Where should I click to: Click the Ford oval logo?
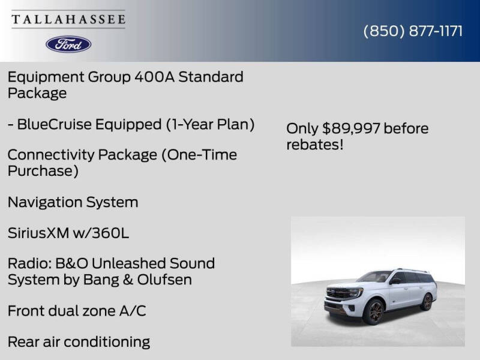tap(68, 44)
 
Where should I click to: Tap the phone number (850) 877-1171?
tap(413, 31)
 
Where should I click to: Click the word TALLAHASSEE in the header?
tap(68, 19)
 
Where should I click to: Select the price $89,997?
tap(351, 128)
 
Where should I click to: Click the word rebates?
tap(314, 145)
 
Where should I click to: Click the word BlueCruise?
tap(54, 124)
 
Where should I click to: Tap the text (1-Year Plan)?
tap(210, 124)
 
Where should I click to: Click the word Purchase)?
tap(43, 171)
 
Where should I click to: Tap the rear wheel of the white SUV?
tap(427, 301)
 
